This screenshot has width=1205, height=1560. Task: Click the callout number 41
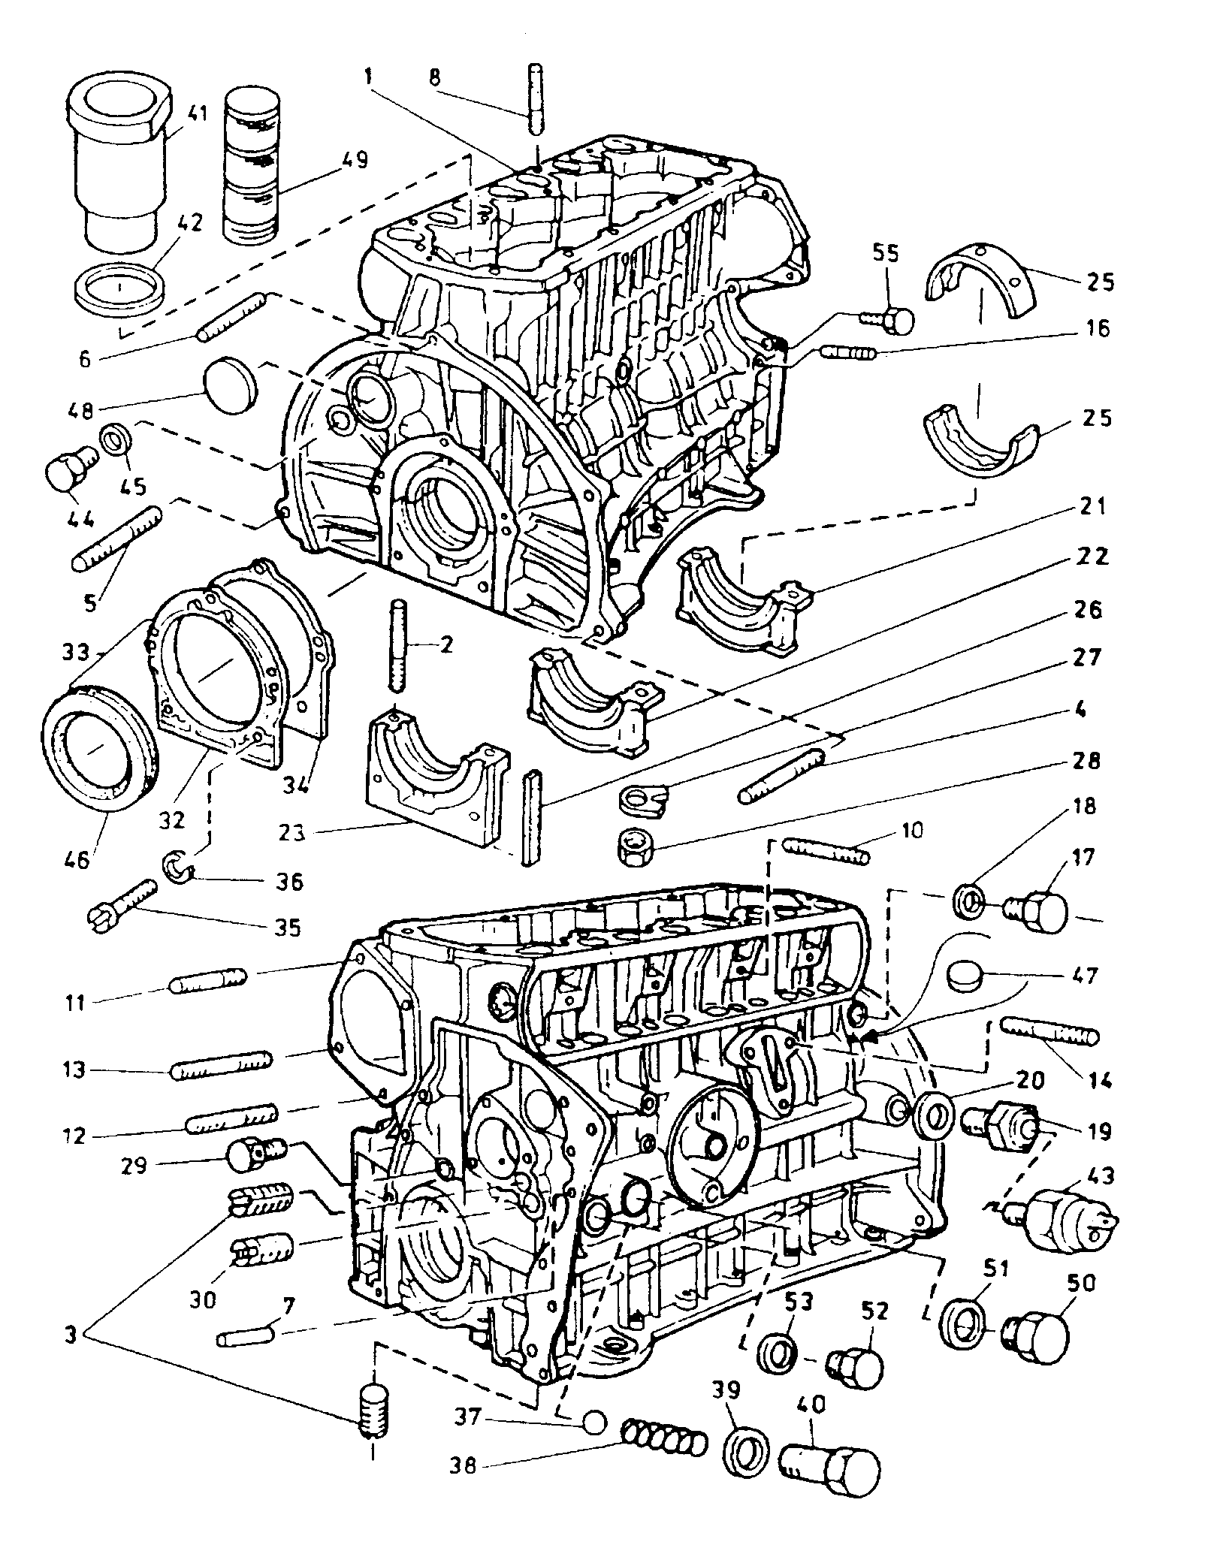point(177,114)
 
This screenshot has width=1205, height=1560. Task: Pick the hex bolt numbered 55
point(891,320)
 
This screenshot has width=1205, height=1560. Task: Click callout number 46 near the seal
point(77,858)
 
